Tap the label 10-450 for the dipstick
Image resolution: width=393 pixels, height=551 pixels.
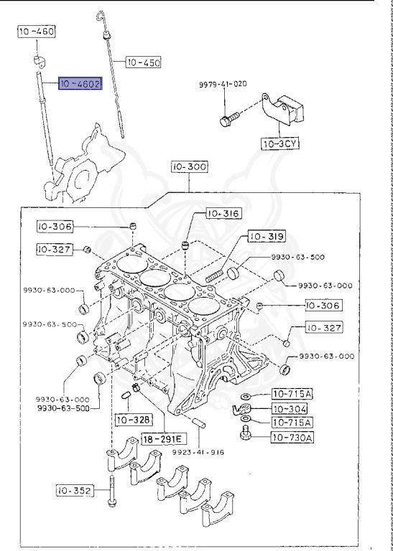click(144, 62)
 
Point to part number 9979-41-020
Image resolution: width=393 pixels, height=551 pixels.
click(222, 84)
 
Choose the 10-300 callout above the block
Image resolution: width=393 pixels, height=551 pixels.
click(189, 167)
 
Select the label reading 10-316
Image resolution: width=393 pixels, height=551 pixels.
click(223, 213)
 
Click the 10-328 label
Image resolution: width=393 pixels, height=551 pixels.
click(131, 419)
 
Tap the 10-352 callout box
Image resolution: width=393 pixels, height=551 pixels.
click(75, 491)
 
